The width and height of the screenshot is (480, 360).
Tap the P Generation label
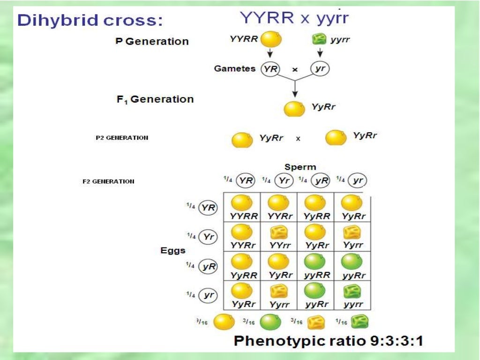point(151,41)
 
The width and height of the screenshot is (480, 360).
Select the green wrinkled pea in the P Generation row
point(319,40)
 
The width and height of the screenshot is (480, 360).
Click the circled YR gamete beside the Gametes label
point(270,69)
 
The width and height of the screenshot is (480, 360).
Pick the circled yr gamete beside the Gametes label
point(320,69)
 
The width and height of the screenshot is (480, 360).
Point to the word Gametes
point(235,68)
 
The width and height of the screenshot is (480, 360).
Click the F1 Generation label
point(155,99)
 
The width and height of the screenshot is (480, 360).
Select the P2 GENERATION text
point(122,138)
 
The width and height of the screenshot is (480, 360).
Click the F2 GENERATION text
point(109,181)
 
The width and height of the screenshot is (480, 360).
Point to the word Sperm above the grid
point(300,167)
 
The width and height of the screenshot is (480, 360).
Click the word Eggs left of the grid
point(173,251)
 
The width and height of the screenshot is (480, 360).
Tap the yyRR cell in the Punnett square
point(315,266)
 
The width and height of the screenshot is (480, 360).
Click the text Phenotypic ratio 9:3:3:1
point(328,340)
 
